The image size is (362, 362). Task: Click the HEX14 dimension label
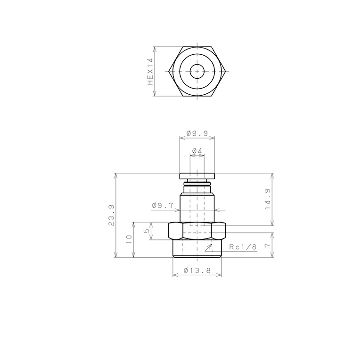(x=150, y=72)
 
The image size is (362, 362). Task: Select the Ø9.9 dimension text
(x=197, y=134)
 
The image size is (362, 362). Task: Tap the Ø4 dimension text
(x=197, y=151)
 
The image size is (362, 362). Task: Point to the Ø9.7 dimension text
(x=163, y=205)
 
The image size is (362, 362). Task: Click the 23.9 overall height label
(x=111, y=215)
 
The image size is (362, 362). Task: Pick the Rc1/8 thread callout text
(x=243, y=247)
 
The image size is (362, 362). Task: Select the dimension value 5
(x=147, y=231)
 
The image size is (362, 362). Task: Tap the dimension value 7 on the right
(x=266, y=245)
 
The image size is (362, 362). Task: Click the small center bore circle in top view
(x=197, y=72)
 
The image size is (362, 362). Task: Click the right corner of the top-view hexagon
(x=226, y=72)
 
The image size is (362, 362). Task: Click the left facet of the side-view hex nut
(x=175, y=231)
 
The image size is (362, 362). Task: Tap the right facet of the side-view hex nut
(x=219, y=231)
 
